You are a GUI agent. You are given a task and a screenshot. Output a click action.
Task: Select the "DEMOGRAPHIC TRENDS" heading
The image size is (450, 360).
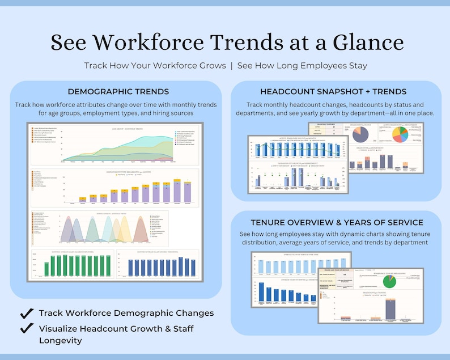[x=118, y=92]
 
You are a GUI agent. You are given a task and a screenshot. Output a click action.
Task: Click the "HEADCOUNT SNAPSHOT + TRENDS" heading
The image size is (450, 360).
[x=333, y=92]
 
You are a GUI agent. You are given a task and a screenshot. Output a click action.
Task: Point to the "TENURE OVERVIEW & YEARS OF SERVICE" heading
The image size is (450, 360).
[x=336, y=222]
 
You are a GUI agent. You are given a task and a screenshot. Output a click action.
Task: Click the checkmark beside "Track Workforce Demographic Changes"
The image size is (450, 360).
[x=26, y=313]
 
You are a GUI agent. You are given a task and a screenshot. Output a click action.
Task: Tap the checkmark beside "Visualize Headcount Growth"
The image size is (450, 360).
[x=26, y=328]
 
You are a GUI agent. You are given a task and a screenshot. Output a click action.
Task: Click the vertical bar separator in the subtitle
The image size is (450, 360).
[x=232, y=66]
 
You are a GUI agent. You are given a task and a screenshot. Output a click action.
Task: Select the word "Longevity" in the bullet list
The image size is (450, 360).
[x=62, y=341]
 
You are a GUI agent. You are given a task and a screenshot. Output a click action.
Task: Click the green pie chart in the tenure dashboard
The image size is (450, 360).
[x=389, y=281]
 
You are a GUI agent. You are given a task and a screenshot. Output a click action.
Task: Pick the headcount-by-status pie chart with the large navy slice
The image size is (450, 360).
[x=360, y=134]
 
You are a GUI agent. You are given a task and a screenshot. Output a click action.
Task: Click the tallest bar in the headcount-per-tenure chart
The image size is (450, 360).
[x=390, y=308]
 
